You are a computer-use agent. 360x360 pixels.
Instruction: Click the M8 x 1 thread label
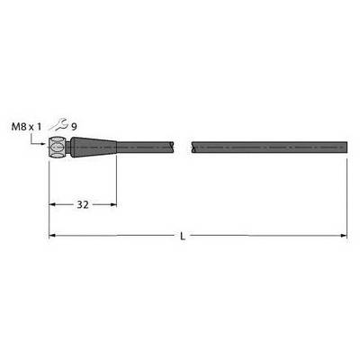tap(26, 127)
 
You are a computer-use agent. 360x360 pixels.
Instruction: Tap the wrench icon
tap(58, 125)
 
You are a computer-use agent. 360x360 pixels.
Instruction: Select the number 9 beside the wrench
tap(74, 127)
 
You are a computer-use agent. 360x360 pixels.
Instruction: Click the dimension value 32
tap(83, 205)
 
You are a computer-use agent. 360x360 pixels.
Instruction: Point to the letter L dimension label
tap(183, 237)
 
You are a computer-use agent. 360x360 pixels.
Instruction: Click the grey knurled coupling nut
tap(57, 147)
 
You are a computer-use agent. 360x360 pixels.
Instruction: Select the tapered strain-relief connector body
tap(94, 147)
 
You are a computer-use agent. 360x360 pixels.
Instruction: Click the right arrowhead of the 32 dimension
tap(112, 205)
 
